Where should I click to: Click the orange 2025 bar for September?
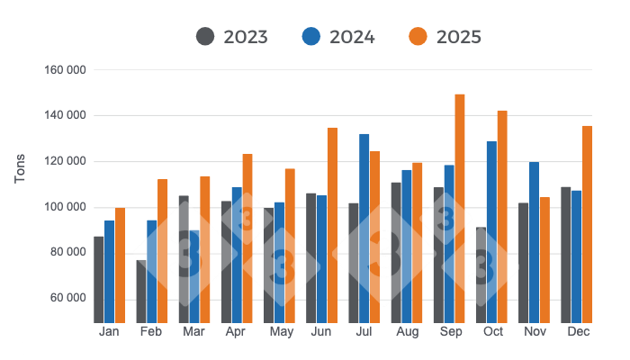(x=460, y=208)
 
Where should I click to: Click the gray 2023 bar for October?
(x=481, y=274)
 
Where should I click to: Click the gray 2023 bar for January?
(x=99, y=279)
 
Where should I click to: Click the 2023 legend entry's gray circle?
(x=205, y=37)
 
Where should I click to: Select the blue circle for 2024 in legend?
(x=311, y=37)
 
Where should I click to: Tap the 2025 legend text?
(x=458, y=37)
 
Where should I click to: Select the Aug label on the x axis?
(x=407, y=333)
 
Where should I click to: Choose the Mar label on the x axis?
(x=194, y=333)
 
